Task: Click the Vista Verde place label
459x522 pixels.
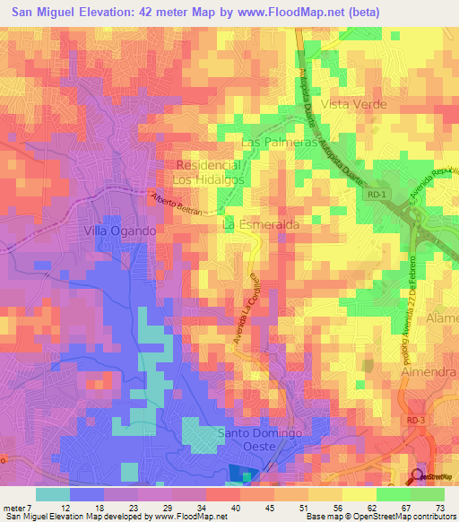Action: pos(359,104)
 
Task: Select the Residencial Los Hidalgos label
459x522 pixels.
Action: pos(210,173)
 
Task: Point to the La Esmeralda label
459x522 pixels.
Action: pos(261,223)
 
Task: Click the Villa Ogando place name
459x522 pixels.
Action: pos(120,231)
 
